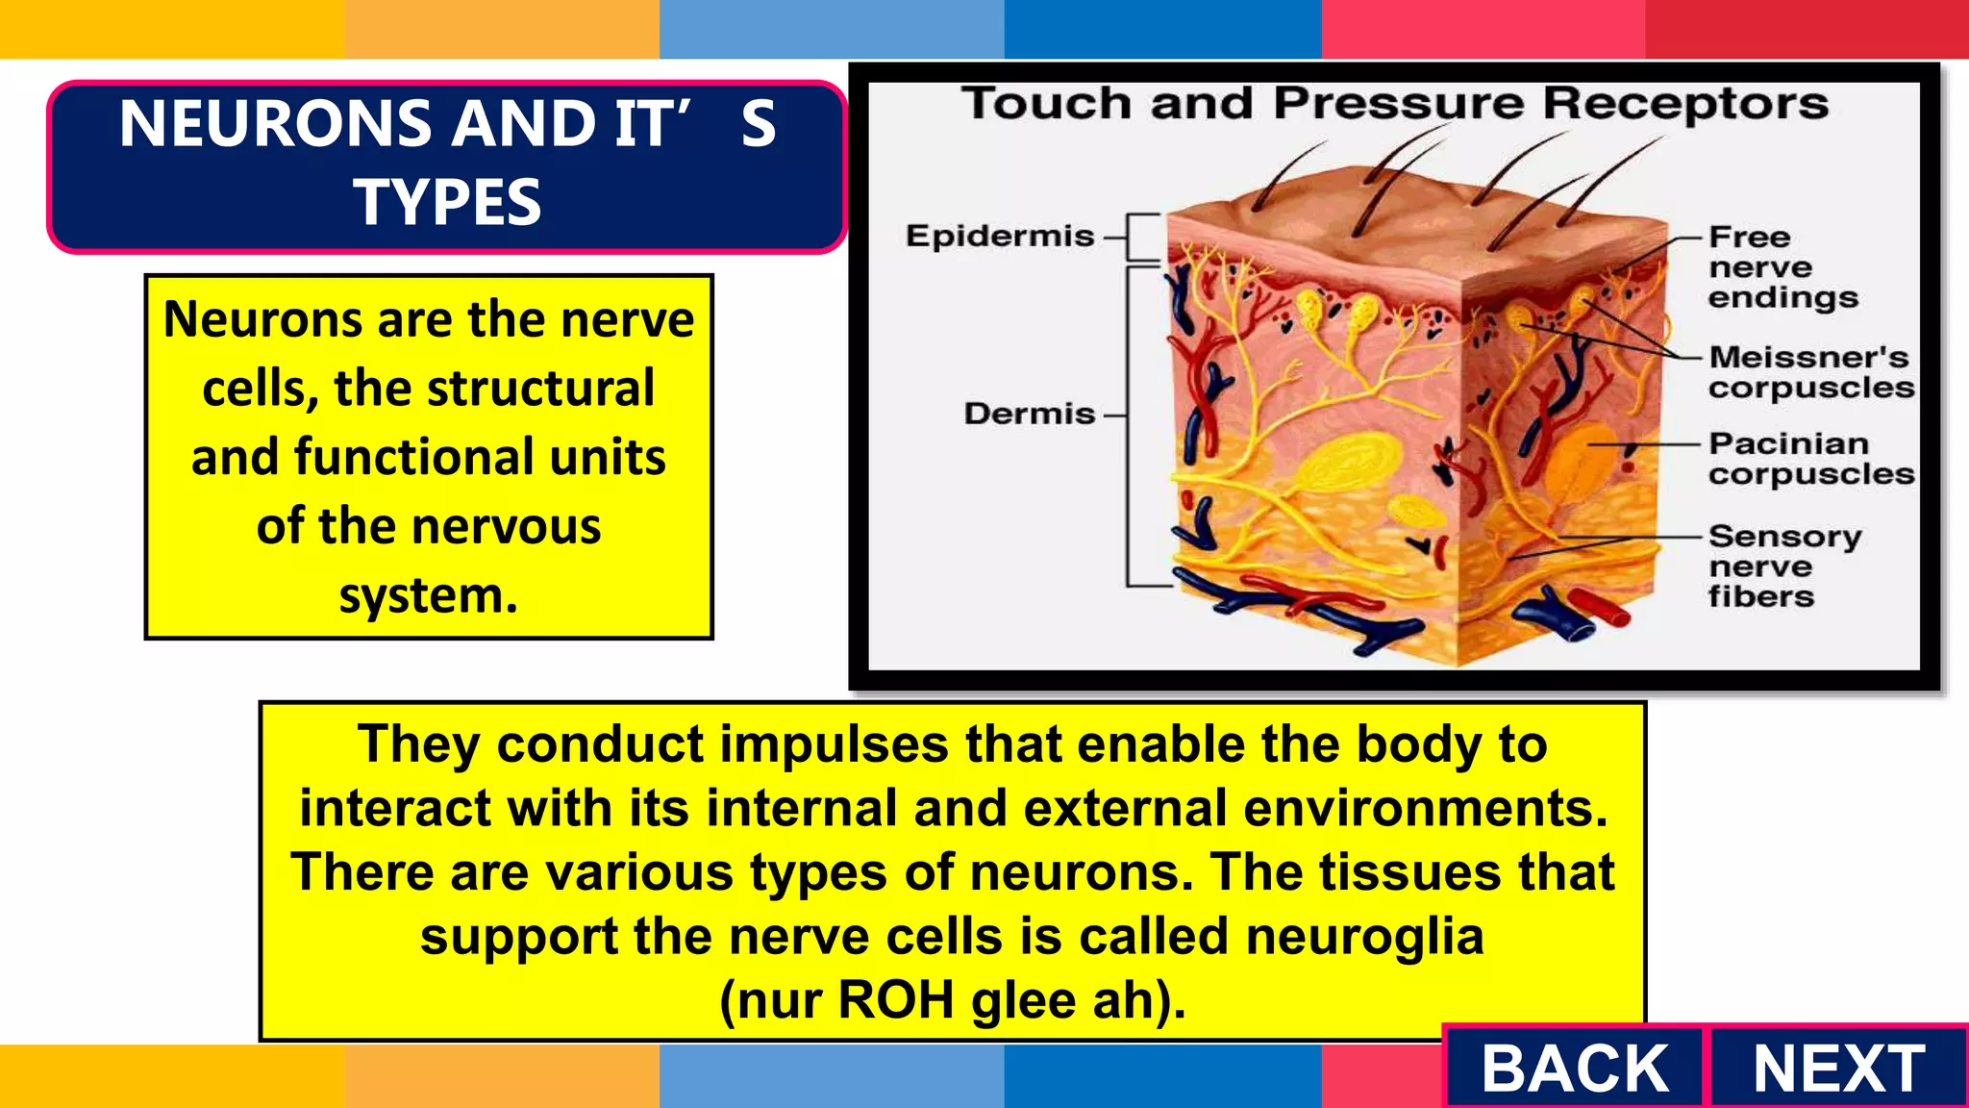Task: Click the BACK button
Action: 1574,1068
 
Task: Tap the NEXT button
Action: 1837,1068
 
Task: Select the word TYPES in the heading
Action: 447,203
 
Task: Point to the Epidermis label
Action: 999,236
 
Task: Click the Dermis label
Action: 1029,414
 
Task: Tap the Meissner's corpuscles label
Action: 1810,372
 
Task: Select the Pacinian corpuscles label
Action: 1810,459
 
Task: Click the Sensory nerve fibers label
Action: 1783,566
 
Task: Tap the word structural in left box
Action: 539,389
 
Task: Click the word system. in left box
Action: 428,595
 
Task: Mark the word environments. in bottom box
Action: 1425,808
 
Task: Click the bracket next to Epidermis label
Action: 1142,237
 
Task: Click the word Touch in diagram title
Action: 1047,104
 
